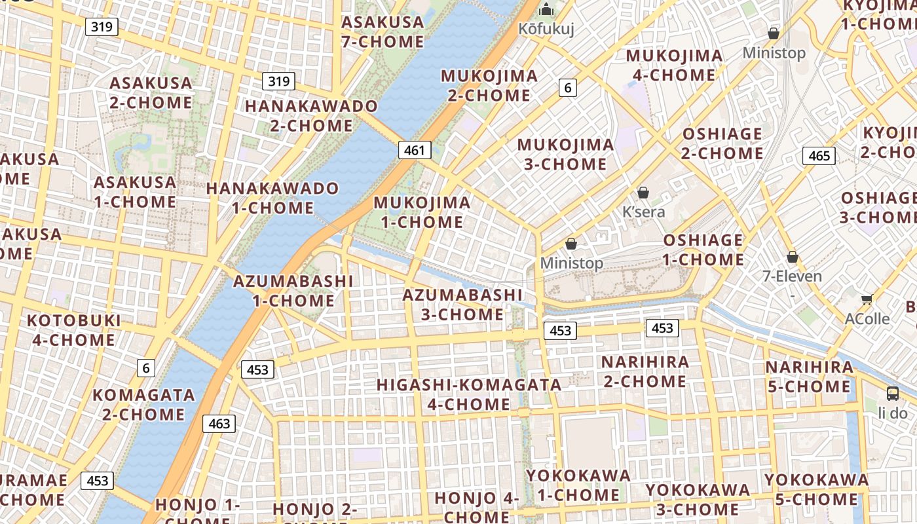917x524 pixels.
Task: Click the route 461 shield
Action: [415, 150]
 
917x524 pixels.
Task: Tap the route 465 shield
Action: [819, 156]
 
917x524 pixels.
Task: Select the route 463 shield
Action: [219, 424]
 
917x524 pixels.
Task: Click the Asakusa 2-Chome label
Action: [151, 93]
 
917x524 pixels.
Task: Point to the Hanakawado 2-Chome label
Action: [311, 115]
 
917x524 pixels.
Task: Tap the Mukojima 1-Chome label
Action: [422, 212]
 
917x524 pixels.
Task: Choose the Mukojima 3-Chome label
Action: [566, 154]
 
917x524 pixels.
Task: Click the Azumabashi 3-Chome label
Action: [462, 305]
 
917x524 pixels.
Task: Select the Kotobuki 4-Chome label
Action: [73, 330]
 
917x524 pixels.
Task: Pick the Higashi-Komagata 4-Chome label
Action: [469, 394]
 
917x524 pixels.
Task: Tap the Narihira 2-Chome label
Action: [645, 371]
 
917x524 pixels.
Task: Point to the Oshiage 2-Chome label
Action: [722, 143]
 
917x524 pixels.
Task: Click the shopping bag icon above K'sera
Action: [643, 193]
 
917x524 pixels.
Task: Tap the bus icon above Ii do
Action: [893, 393]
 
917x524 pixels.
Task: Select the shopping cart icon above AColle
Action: [867, 299]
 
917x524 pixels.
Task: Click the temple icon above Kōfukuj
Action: [546, 10]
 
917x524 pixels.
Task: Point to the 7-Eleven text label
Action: [792, 276]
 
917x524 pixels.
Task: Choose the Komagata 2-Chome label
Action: [143, 405]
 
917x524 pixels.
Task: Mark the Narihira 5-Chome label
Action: [810, 377]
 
